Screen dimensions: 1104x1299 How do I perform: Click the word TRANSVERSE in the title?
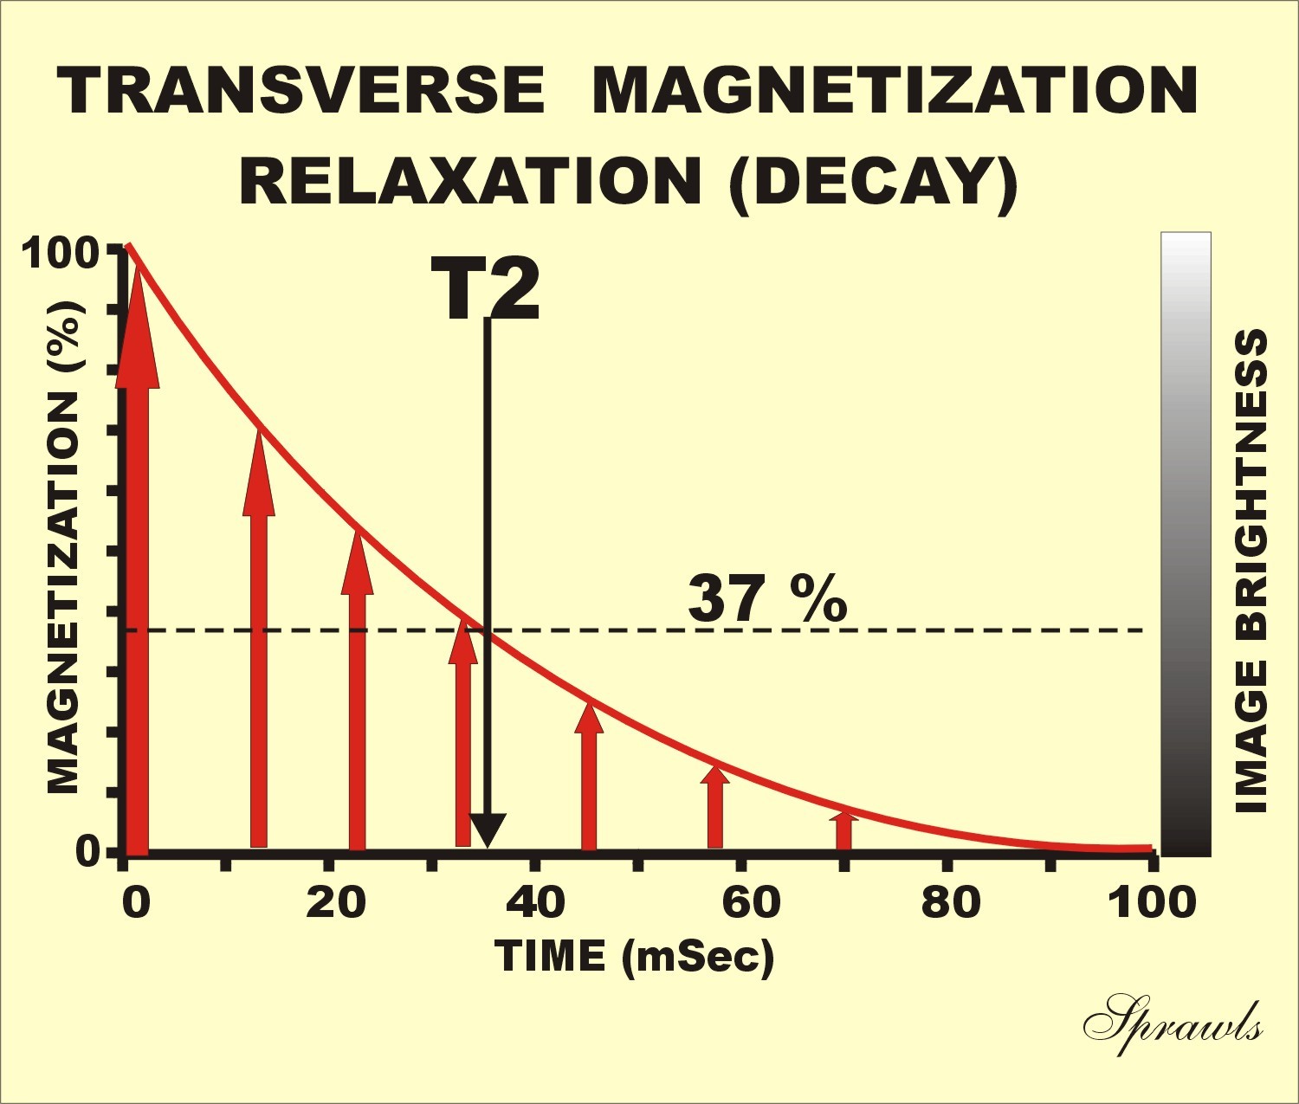tap(301, 90)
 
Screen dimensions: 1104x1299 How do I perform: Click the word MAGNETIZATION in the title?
tap(895, 90)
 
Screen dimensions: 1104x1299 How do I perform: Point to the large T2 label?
tap(485, 290)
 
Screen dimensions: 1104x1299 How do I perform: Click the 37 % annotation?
tap(767, 599)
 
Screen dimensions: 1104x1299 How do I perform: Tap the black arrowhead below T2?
tap(487, 831)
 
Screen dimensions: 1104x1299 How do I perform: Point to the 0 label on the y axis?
tap(87, 852)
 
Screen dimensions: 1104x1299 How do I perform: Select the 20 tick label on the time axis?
tap(336, 902)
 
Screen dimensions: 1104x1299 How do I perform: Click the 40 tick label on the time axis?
tap(535, 902)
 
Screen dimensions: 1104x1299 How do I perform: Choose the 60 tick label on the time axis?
tap(750, 902)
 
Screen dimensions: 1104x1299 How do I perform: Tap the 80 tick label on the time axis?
tap(951, 902)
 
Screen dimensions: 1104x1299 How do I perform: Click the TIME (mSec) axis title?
tap(634, 957)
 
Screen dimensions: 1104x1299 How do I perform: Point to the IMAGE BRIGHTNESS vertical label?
tap(1251, 571)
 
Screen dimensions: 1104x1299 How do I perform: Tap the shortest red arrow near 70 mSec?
tap(843, 830)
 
